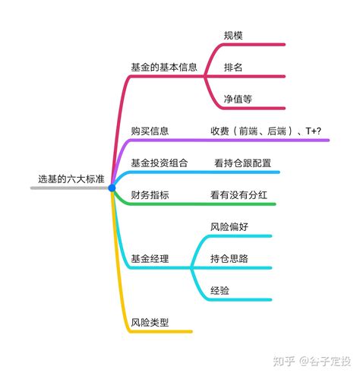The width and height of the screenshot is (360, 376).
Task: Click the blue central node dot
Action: tap(112, 188)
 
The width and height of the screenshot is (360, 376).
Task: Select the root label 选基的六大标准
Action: tap(71, 179)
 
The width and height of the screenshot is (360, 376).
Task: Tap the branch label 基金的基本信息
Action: tap(164, 67)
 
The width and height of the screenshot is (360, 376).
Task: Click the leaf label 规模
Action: tap(233, 36)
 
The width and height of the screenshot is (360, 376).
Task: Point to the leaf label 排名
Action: tap(233, 68)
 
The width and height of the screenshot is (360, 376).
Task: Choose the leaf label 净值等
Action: tap(238, 99)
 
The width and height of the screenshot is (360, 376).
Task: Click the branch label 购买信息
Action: tap(150, 131)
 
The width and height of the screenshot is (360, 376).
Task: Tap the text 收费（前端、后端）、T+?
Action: tap(266, 131)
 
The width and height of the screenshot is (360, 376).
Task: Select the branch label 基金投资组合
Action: tap(159, 163)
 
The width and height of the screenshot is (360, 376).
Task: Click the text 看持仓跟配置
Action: tap(243, 163)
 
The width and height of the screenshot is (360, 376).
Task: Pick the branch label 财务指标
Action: tap(150, 194)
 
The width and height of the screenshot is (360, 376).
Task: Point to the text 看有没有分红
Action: tap(238, 194)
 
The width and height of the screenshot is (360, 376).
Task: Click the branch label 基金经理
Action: tap(150, 258)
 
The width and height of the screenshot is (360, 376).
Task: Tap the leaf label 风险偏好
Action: tap(229, 226)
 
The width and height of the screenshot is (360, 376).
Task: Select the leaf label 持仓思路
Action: tap(229, 258)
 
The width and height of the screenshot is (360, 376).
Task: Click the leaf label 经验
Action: tap(219, 290)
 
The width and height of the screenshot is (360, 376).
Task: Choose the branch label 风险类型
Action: tap(150, 322)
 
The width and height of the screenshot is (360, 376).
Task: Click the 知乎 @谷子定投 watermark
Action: tap(312, 361)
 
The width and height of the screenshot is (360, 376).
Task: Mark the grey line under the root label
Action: tap(70, 188)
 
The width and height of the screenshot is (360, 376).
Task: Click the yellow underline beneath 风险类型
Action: tap(161, 331)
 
